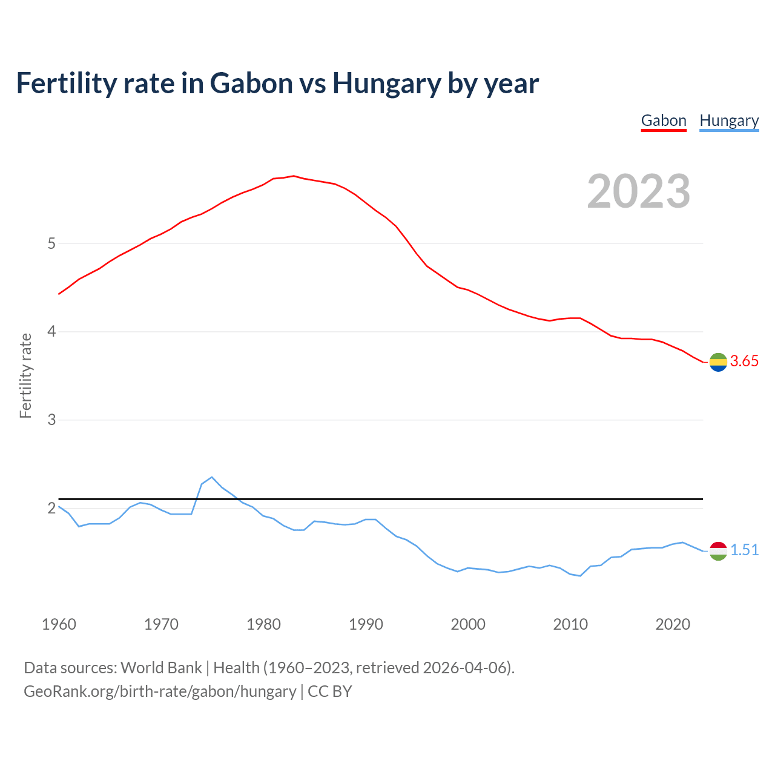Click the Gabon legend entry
tap(664, 120)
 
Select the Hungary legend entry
tap(729, 120)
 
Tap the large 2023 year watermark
tap(639, 191)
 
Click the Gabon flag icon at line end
tap(718, 362)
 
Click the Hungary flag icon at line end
tap(718, 551)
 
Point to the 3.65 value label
tap(744, 361)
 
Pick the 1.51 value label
tap(744, 550)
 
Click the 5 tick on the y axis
tap(51, 244)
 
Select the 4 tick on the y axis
tap(51, 332)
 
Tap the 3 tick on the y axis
tap(51, 420)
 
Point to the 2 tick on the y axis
tap(51, 508)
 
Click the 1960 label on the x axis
tap(59, 624)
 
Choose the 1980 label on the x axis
tap(263, 624)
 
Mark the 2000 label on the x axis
tap(468, 624)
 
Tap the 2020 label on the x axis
tap(673, 624)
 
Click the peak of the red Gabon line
tap(293, 176)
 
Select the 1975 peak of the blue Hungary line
tap(211, 477)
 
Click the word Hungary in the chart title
tap(386, 84)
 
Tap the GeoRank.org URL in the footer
tap(160, 691)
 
